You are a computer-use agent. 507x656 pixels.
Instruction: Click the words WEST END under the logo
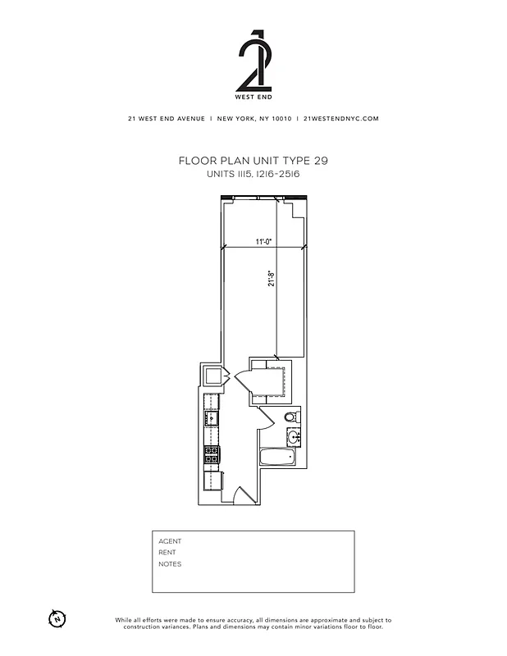coord(253,98)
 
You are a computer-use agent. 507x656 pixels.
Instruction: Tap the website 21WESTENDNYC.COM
coord(340,118)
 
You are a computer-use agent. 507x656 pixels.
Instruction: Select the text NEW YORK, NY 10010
coord(253,118)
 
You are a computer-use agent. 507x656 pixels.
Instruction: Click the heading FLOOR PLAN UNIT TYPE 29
coord(253,162)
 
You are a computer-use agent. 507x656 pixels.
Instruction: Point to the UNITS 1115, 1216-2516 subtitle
coord(253,174)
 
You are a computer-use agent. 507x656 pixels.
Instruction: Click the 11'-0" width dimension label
coord(263,242)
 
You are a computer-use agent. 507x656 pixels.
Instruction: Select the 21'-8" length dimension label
coord(271,280)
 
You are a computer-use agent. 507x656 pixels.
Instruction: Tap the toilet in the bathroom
coord(291,417)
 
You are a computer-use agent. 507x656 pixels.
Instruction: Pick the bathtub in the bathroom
coord(276,458)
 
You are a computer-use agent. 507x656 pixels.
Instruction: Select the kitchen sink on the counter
coord(212,418)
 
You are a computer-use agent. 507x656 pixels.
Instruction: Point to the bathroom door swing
coord(264,418)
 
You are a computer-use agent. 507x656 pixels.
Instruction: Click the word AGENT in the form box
coord(170,541)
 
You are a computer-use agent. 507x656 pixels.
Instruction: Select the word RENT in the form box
coord(167,553)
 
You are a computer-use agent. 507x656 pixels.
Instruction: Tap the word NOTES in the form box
coord(170,564)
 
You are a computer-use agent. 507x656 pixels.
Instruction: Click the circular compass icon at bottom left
coord(57,617)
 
